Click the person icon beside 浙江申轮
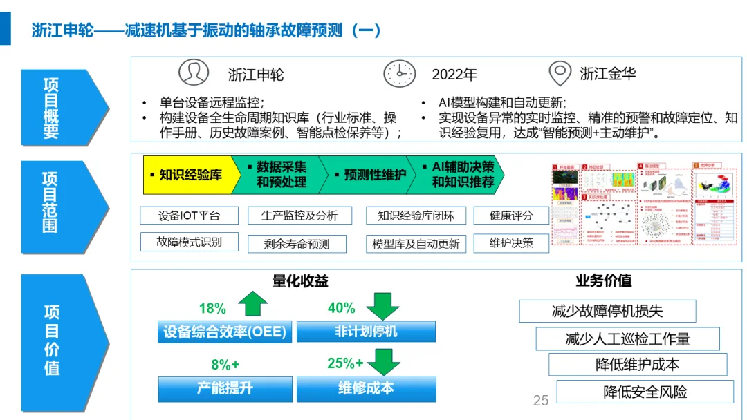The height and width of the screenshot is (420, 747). [x=193, y=73]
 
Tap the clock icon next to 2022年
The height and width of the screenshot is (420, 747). [x=400, y=73]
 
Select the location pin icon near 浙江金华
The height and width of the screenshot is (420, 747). [x=560, y=73]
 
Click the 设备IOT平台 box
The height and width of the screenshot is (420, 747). [x=189, y=216]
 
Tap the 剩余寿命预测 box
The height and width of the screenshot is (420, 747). [x=297, y=244]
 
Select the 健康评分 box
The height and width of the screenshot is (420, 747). [x=511, y=216]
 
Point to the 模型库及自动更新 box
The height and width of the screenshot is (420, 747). [x=416, y=244]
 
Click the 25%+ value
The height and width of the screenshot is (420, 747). [x=345, y=363]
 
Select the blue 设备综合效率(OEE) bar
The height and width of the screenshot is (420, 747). [x=225, y=332]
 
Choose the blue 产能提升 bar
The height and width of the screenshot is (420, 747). [x=225, y=388]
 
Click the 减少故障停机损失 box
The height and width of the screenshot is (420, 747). [x=597, y=311]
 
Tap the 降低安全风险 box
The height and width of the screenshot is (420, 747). [x=645, y=392]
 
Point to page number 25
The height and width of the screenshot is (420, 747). [x=541, y=400]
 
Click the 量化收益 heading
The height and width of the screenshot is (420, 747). [x=300, y=281]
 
